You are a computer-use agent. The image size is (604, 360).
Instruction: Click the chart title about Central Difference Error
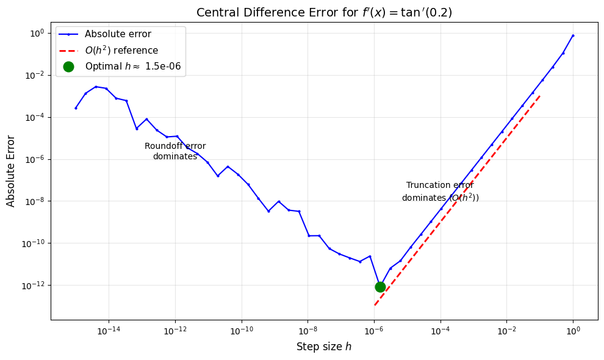[324, 12]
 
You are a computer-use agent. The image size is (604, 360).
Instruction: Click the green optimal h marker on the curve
[380, 287]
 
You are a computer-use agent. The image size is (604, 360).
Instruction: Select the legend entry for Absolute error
[118, 34]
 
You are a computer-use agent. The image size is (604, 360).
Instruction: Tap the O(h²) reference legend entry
[121, 51]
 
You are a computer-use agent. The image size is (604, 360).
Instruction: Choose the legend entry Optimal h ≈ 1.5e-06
[132, 67]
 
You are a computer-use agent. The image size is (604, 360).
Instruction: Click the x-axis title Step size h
[324, 347]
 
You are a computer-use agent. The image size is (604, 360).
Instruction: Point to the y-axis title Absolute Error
[11, 171]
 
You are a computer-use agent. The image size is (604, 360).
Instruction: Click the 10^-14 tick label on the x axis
[109, 331]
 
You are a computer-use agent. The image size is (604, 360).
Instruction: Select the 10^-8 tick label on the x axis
[307, 331]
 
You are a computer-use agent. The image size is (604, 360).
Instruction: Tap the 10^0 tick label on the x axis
[573, 331]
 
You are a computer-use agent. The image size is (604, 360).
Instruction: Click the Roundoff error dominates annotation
[175, 151]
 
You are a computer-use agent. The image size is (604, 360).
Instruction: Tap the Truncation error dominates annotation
[440, 192]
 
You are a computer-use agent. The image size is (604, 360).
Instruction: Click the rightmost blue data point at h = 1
[573, 35]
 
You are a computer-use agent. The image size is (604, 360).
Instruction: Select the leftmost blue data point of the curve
[76, 108]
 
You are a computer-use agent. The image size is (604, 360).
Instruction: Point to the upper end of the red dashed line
[539, 96]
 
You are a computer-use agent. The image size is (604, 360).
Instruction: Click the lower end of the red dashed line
[375, 304]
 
